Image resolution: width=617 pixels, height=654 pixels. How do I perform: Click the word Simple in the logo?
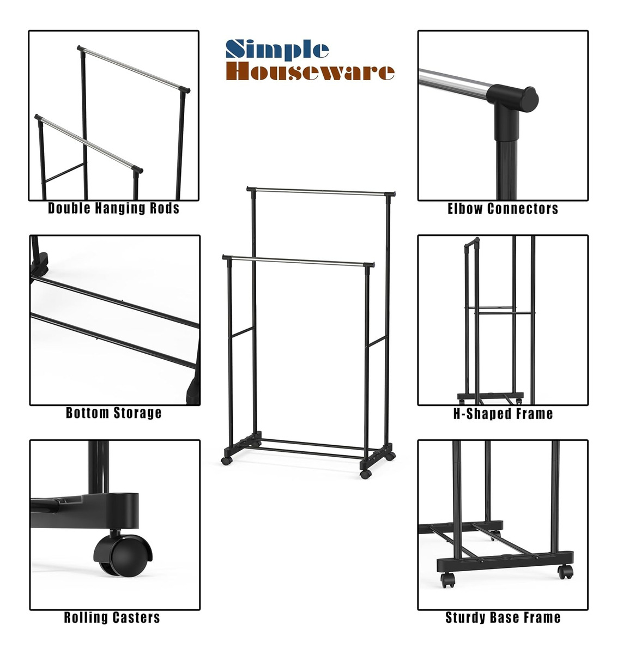277,50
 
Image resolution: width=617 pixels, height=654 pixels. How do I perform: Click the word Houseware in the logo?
310,72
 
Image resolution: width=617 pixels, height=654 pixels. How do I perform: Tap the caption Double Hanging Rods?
114,208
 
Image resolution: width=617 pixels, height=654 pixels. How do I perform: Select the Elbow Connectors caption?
503,209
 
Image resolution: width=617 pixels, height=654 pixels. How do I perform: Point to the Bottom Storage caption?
114,413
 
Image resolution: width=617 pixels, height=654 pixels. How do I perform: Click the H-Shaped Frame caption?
503,414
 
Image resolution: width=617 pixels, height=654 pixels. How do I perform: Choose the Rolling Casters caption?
112,617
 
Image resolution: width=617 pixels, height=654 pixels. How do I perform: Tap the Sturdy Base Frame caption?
503,617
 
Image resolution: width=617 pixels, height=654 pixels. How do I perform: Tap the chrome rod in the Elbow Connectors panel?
453,84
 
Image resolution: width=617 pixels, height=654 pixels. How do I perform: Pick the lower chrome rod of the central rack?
298,261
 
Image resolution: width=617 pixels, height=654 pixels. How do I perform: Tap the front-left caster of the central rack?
226,461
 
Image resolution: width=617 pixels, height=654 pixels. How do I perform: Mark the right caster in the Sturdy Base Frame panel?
565,572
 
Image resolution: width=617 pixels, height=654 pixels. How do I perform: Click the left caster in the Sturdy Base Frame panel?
448,580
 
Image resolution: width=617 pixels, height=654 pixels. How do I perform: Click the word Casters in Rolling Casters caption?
136,617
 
